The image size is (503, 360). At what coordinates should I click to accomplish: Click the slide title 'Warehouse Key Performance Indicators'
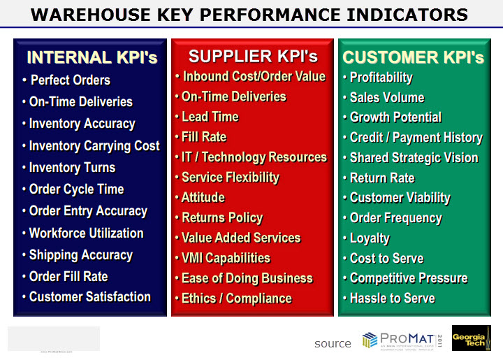250,14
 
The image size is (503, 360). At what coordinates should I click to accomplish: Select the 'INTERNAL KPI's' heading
92,57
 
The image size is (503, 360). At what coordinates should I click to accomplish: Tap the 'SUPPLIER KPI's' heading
253,56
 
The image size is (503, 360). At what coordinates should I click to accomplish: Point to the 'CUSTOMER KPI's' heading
414,57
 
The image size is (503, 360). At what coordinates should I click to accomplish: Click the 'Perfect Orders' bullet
71,80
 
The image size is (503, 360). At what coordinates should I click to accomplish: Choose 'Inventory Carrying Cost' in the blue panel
94,145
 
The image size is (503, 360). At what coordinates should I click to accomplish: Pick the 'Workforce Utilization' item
86,233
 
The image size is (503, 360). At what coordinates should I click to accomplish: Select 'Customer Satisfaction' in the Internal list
89,296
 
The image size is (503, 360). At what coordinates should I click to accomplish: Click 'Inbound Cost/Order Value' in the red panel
254,76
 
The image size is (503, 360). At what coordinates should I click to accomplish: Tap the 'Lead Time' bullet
210,117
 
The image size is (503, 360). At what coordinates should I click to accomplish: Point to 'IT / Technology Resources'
254,157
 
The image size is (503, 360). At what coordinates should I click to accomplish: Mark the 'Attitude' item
203,197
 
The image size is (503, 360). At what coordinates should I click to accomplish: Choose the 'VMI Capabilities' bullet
226,258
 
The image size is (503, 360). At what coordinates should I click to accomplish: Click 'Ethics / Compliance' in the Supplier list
236,298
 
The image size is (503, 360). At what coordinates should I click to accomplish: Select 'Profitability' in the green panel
381,77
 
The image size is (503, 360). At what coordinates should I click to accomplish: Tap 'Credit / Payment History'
416,138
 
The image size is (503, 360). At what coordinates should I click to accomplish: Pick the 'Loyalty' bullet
370,238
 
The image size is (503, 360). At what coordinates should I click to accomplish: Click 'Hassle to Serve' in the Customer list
392,298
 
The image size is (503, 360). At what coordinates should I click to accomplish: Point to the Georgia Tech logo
471,338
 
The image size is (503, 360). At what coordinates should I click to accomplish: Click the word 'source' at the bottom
333,343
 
